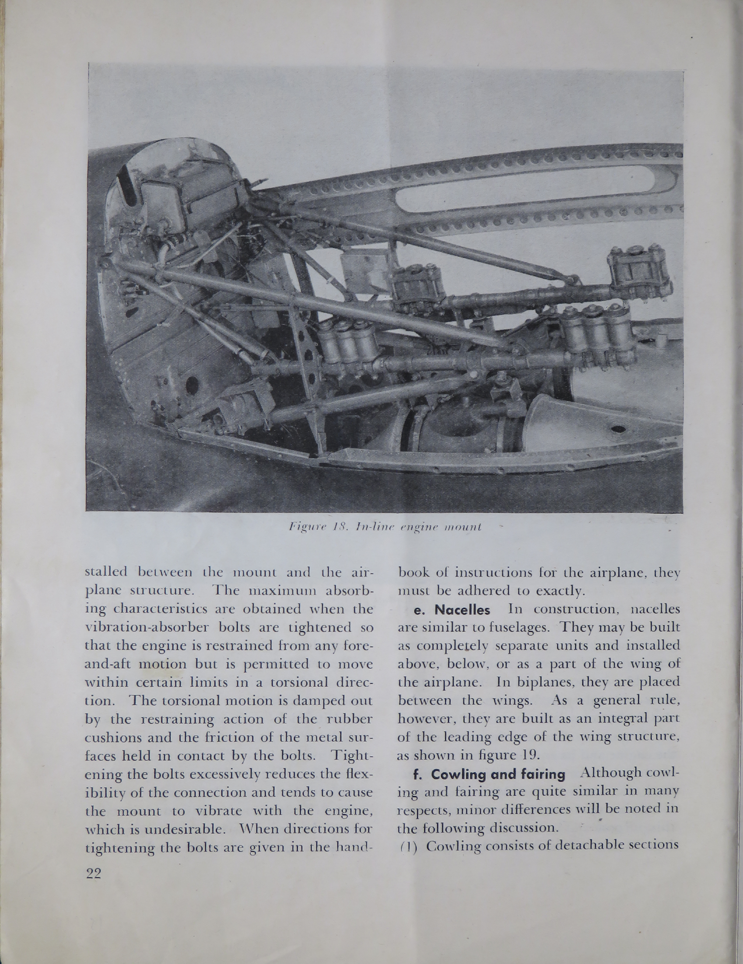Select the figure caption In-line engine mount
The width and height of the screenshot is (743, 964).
click(x=384, y=527)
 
